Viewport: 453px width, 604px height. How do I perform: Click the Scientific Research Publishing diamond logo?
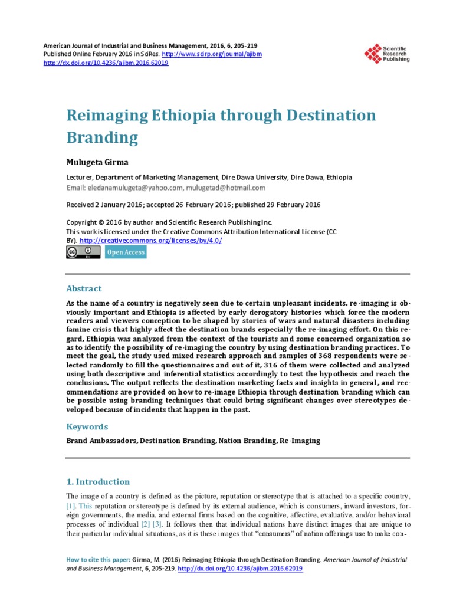pyautogui.click(x=373, y=54)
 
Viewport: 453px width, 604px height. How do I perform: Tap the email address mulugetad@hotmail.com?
pyautogui.click(x=226, y=188)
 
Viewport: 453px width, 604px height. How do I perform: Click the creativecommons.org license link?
pyautogui.click(x=150, y=241)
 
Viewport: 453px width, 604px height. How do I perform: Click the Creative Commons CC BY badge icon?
pyautogui.click(x=83, y=252)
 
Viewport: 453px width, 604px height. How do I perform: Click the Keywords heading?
pyautogui.click(x=87, y=426)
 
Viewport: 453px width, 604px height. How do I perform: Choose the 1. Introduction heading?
pyautogui.click(x=97, y=481)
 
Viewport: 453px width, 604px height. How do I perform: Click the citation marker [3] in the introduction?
pyautogui.click(x=156, y=524)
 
